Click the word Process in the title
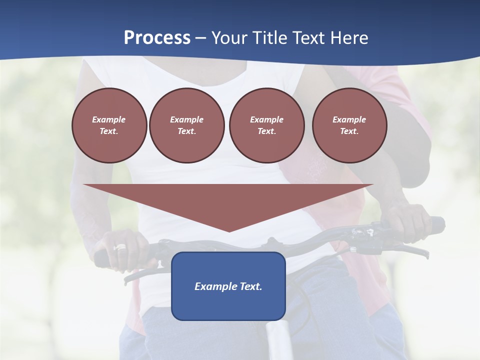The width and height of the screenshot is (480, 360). (x=157, y=38)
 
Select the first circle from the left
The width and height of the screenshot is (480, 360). (x=109, y=125)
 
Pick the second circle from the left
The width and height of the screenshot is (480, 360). (x=186, y=125)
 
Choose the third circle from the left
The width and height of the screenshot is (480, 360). (x=266, y=125)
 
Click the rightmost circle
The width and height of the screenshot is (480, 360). (x=349, y=125)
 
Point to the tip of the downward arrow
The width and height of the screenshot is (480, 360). (x=229, y=231)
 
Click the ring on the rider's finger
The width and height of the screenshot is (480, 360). (x=121, y=247)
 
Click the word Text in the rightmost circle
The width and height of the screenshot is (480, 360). (x=349, y=131)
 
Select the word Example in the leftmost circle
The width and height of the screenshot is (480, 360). (x=109, y=119)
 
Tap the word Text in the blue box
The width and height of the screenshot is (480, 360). (x=250, y=286)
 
